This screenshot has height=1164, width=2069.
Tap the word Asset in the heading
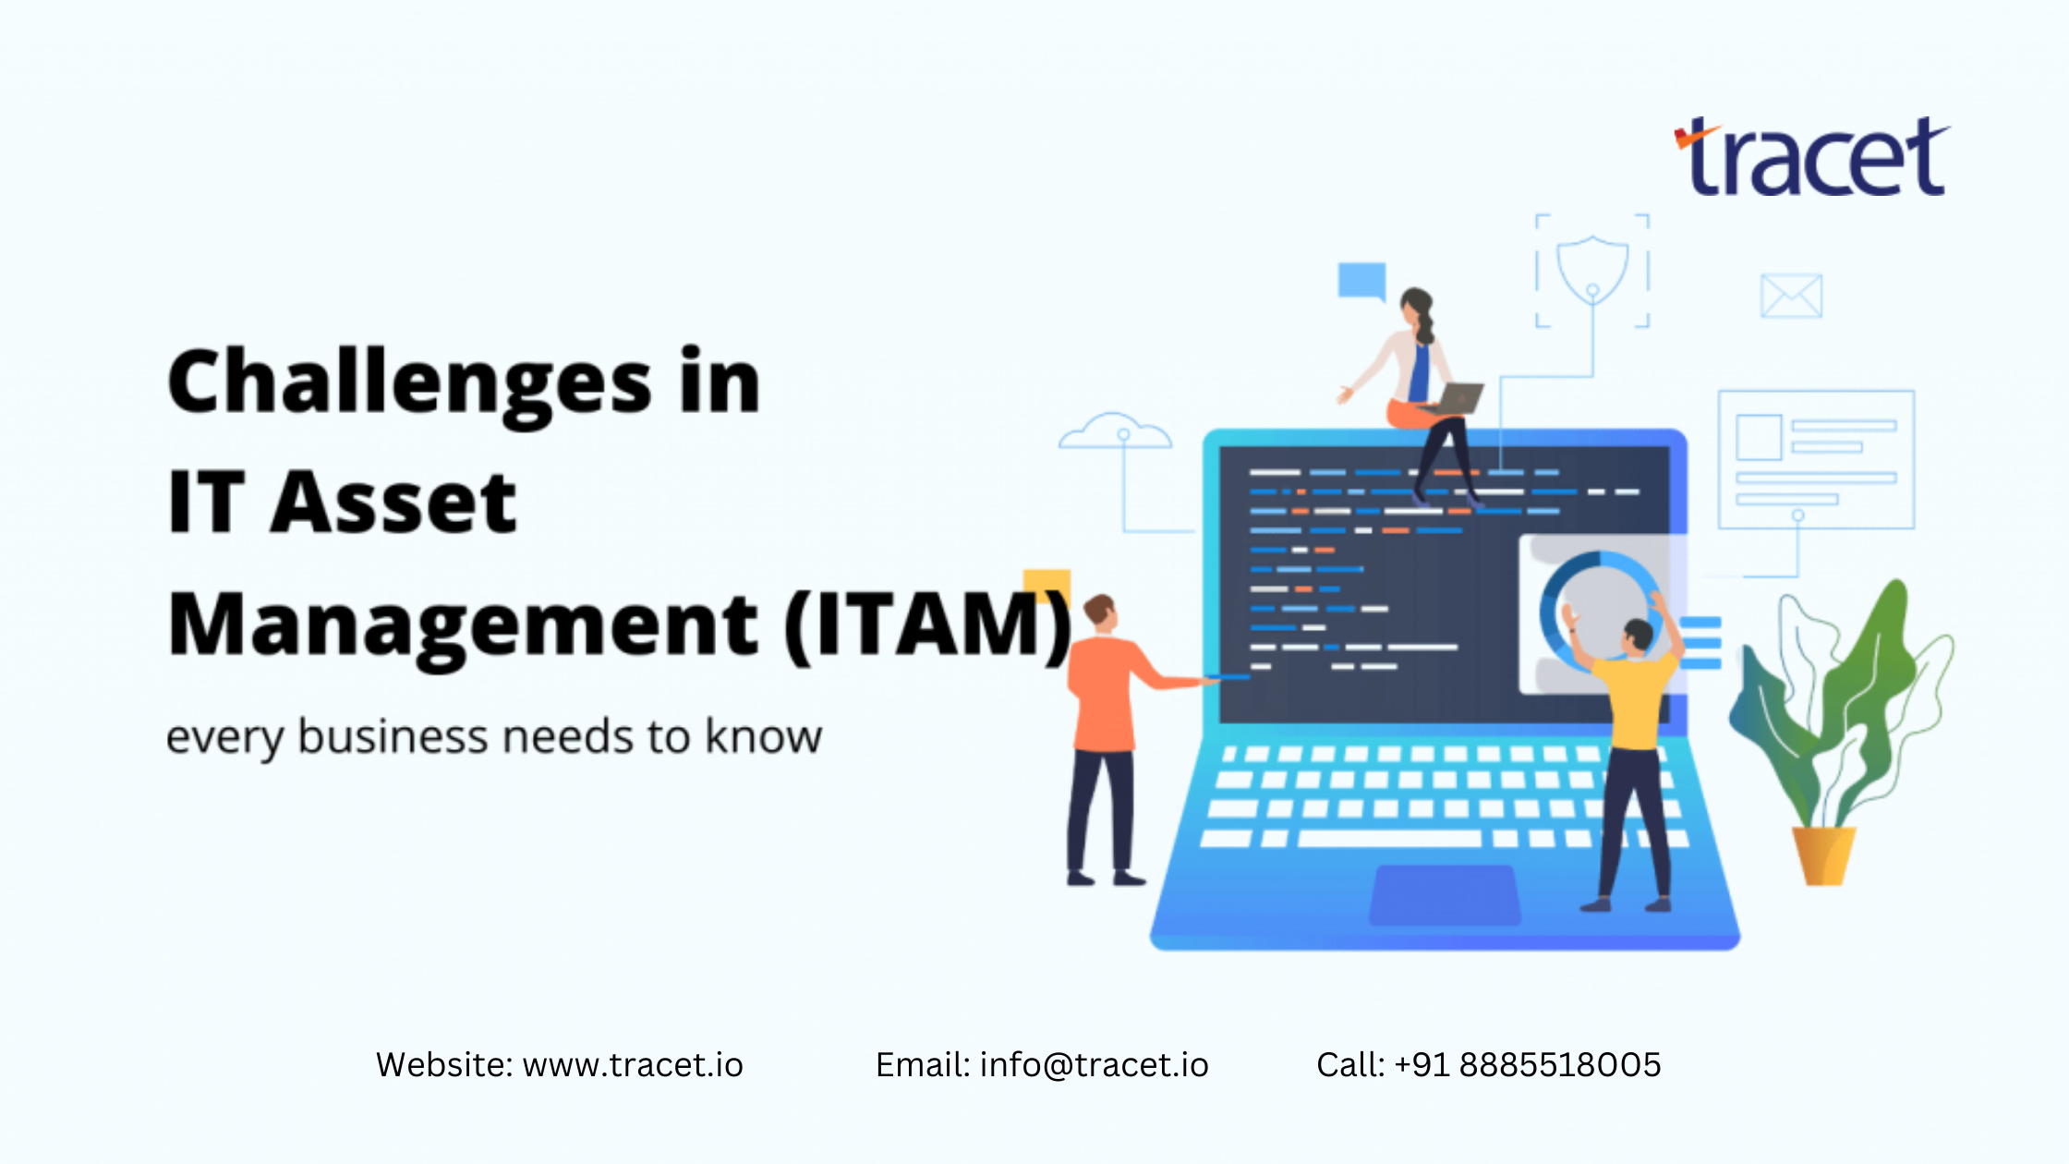[393, 503]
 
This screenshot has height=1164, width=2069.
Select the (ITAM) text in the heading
[928, 626]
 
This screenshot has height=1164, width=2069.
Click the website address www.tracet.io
[633, 1065]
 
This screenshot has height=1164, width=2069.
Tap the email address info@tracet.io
[1094, 1065]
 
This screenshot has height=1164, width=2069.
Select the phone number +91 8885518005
[1528, 1065]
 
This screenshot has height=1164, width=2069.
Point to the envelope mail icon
[1791, 296]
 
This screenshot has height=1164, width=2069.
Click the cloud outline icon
[1116, 432]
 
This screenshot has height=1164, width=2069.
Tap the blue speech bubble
[1361, 280]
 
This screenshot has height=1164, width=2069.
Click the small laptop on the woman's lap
[1458, 398]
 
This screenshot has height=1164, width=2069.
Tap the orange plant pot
[1822, 855]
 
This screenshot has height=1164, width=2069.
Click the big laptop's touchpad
[1445, 894]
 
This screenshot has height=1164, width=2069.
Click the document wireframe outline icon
[1815, 459]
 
